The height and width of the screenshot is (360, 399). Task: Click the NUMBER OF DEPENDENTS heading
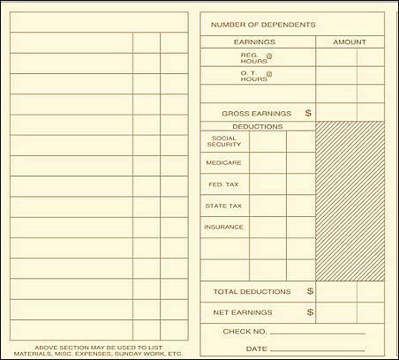263,25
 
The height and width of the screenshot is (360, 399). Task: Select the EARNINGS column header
254,42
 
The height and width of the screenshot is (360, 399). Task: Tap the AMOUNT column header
350,42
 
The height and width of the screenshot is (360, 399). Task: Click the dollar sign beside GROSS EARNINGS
308,113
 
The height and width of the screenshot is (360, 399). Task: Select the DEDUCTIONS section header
257,126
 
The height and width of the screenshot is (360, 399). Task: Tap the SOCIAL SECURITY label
224,141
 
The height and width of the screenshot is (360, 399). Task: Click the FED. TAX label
223,184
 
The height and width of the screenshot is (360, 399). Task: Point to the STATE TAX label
224,206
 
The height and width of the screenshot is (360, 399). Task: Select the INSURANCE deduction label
224,227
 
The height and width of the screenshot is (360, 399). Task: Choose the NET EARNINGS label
243,312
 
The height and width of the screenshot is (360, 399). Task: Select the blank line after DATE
321,350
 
